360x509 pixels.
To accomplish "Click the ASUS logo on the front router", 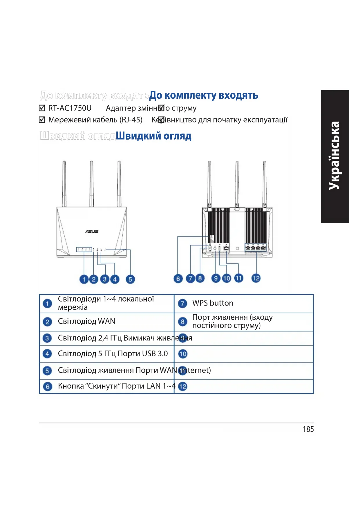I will click(92, 231).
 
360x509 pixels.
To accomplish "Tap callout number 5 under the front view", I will click(130, 279).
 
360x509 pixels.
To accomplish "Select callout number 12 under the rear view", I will click(256, 278).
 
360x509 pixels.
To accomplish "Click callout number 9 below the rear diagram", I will click(216, 278).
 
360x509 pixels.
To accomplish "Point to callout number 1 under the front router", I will click(84, 279).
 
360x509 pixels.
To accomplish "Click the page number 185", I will click(308, 429).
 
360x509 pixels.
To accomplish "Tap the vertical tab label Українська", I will click(334, 156).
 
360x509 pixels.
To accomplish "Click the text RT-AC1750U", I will click(70, 108).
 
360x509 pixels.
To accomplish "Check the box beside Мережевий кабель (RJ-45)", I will click(42, 120).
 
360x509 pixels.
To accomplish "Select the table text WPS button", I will click(213, 303).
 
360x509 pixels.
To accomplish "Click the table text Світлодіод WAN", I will click(86, 321).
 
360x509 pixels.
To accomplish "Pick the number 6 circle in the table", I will click(47, 387).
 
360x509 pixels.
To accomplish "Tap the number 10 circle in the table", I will click(183, 354).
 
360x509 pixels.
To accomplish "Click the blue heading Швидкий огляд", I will click(153, 136).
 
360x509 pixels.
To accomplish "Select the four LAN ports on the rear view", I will click(256, 248).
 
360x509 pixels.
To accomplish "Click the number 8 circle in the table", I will click(182, 322).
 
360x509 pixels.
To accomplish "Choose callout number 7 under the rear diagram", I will click(190, 279).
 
